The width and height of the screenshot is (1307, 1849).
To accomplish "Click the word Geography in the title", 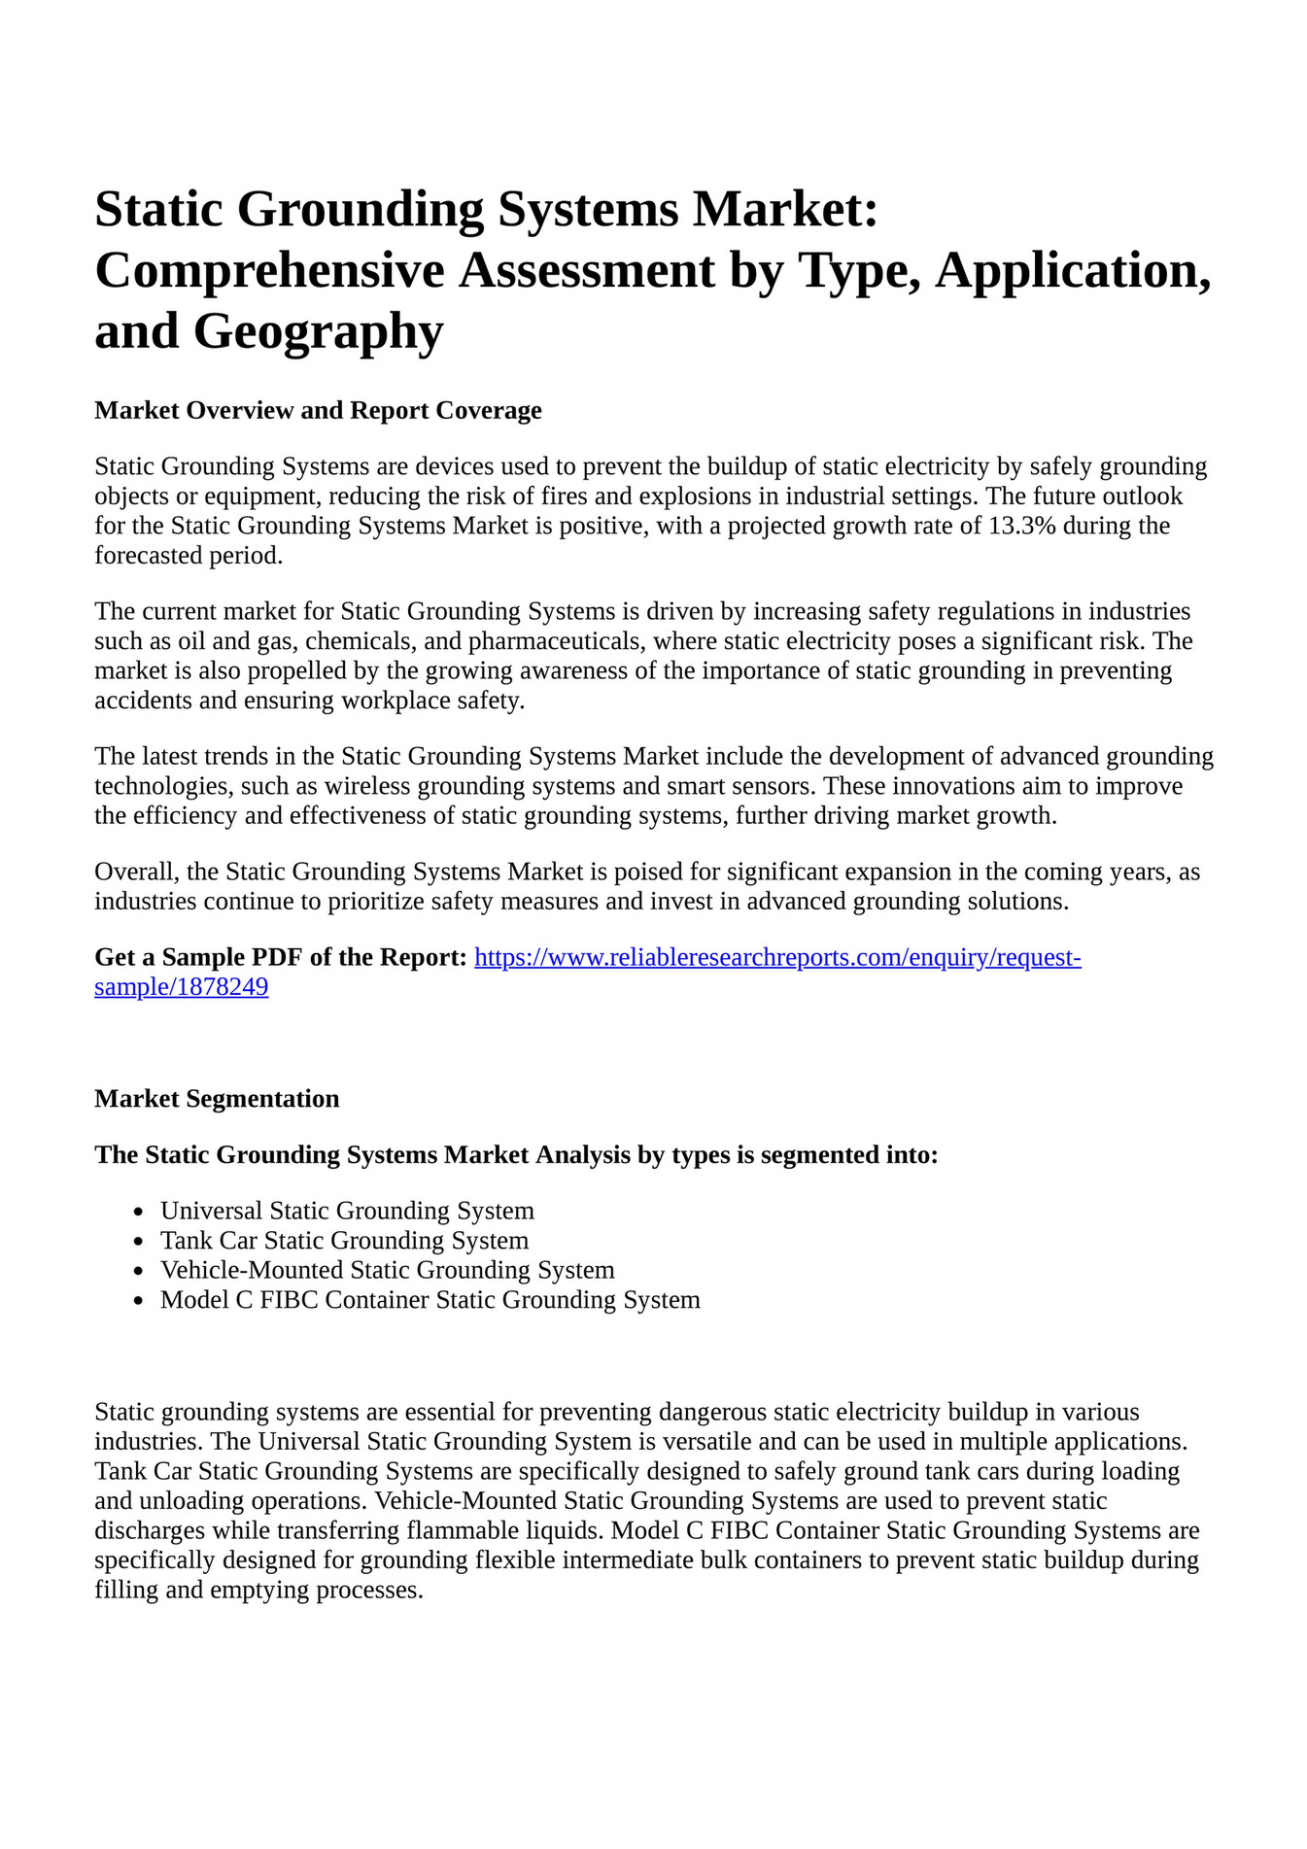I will point(318,330).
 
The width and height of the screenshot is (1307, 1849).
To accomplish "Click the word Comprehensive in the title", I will point(268,270).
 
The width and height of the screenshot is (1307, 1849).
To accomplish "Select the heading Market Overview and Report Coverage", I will point(318,410).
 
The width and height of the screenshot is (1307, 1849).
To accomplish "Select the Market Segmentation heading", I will point(217,1099).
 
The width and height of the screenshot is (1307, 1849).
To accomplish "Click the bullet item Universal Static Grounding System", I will point(347,1211).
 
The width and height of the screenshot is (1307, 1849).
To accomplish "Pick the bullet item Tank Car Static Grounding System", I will point(344,1241).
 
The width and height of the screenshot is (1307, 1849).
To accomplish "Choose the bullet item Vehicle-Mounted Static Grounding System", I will point(387,1270).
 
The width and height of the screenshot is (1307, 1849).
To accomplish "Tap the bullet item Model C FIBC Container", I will point(430,1300).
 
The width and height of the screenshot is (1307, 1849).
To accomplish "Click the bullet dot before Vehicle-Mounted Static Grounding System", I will point(139,1271).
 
